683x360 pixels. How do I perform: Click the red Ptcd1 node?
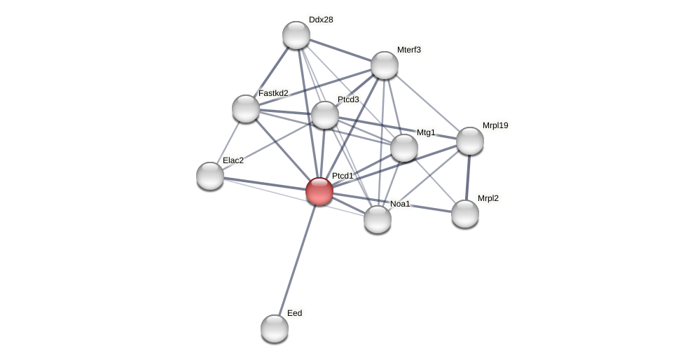point(319,191)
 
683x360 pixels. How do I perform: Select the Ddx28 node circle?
point(296,35)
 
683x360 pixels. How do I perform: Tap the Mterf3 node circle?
point(385,65)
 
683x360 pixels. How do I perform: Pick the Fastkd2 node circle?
point(246,109)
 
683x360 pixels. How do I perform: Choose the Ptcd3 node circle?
point(325,115)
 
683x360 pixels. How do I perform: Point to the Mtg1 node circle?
point(404,148)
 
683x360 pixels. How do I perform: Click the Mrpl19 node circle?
point(470,141)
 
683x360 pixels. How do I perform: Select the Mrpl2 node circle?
point(465,214)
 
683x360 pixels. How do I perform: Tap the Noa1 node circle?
point(378,219)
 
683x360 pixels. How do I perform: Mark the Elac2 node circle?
point(210,176)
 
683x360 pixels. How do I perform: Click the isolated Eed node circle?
point(275,328)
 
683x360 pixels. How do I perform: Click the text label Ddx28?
point(321,20)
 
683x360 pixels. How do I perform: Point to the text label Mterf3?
point(409,50)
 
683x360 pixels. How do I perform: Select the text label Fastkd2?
point(273,93)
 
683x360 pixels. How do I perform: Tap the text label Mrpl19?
point(495,125)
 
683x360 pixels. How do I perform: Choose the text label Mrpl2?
point(488,198)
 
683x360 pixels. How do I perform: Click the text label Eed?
point(295,313)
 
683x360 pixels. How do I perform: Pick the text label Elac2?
point(233,160)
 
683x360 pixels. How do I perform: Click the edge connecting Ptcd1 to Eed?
point(297,259)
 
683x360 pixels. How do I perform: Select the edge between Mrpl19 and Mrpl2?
point(468,177)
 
